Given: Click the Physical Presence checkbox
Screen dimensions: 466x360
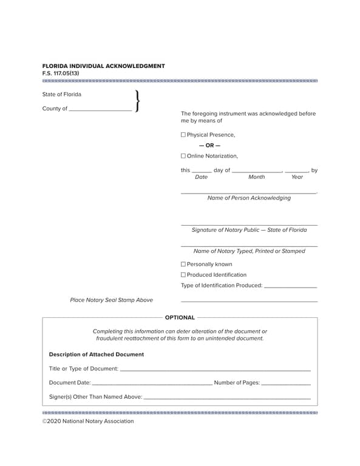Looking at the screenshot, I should [183, 135].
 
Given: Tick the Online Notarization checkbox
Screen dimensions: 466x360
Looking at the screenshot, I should [183, 156].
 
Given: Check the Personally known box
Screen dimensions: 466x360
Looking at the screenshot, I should [183, 264].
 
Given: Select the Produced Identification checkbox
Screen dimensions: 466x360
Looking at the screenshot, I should [183, 275].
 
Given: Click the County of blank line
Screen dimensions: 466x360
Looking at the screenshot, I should [100, 110].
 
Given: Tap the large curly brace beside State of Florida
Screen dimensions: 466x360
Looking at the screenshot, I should [137, 101].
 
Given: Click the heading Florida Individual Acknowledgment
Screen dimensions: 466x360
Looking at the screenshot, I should [103, 66].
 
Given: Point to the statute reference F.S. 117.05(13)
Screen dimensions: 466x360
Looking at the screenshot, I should [61, 73].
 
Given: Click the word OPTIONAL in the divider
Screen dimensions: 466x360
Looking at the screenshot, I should [180, 317].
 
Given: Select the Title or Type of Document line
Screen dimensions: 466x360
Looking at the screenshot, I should [215, 369].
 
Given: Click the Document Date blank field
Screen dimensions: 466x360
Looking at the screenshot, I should [152, 383].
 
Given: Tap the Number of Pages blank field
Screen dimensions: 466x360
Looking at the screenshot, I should [286, 383].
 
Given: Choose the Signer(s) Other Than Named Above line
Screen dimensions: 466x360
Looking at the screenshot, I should [227, 397].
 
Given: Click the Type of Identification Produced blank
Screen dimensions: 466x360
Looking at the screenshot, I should [291, 286].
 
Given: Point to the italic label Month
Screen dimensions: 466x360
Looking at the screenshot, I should [256, 177].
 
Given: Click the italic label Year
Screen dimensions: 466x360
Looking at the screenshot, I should [297, 177].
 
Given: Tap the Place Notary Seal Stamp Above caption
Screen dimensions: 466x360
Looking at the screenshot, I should [112, 300].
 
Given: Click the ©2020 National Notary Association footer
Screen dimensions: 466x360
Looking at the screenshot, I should [88, 421].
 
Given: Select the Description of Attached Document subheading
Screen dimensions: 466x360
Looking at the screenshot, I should [97, 354].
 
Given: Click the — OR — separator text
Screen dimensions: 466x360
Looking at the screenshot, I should [209, 146].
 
